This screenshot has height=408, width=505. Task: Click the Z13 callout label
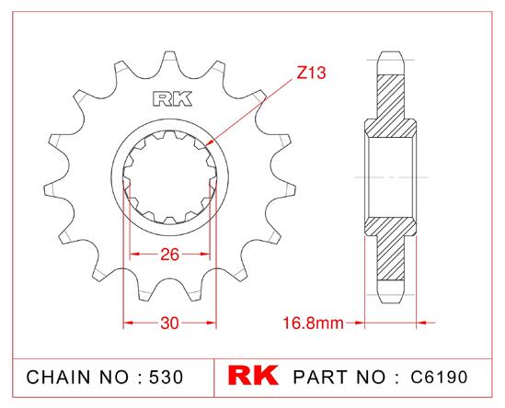point(311,73)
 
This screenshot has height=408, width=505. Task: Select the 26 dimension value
point(169,255)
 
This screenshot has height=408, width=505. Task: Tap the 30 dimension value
point(169,323)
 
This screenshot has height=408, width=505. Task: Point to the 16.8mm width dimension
point(313,323)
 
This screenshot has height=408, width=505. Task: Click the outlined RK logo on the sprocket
point(172,99)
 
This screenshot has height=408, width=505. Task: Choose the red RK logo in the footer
point(253,375)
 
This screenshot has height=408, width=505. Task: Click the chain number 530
point(166,377)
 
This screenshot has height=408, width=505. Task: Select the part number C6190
point(439,377)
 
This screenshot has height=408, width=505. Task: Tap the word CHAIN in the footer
point(58,377)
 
